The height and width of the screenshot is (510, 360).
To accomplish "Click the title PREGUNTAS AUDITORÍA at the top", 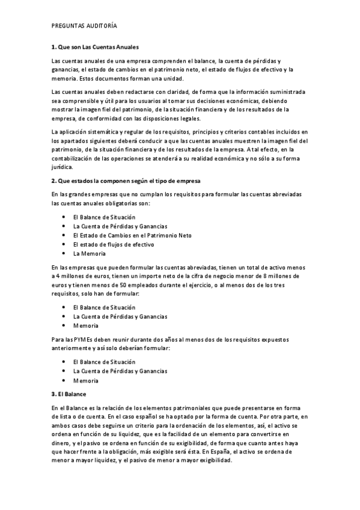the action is click(x=84, y=26).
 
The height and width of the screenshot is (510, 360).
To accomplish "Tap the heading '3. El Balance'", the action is click(x=69, y=394).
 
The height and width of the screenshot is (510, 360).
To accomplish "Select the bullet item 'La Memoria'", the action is click(x=89, y=254).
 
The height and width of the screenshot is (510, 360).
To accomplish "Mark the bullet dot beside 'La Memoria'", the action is click(x=64, y=254).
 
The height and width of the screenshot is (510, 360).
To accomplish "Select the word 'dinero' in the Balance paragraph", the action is click(x=61, y=443).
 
